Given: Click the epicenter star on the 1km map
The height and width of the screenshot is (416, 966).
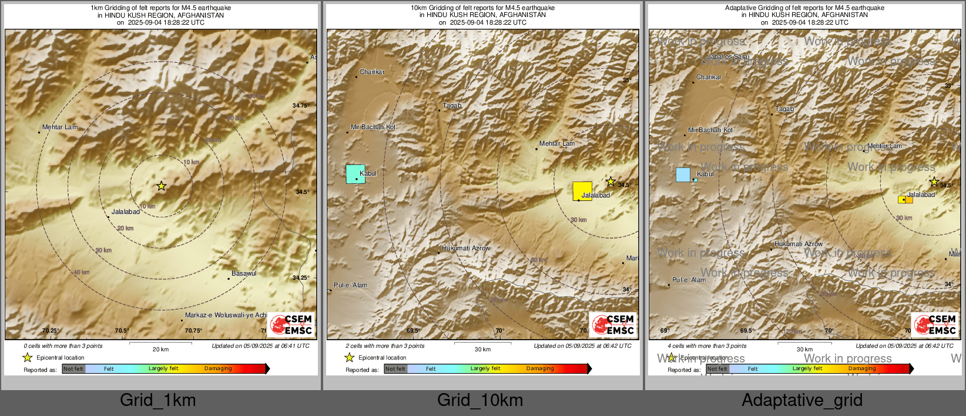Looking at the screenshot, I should pos(162,186).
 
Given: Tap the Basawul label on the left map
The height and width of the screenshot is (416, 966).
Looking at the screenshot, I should pos(244,273).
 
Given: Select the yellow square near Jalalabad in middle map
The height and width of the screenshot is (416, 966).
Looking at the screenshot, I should pos(582,191).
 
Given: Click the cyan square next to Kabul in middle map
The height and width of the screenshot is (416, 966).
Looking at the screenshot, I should pos(355,174).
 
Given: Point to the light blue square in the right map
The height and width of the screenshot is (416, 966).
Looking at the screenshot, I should pos(683,175).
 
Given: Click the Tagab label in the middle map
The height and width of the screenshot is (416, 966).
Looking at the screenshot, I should pos(452,106).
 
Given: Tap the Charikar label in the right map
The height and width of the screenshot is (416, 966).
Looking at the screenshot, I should pos(709,77).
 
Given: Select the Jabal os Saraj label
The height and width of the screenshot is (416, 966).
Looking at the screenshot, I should pos(729,57).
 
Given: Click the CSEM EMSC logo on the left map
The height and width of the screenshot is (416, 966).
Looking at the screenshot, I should pos(292,324).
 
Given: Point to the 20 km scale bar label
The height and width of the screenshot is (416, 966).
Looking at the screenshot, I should pos(160,350).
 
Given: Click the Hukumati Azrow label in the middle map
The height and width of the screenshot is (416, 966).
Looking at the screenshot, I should pos(466,248).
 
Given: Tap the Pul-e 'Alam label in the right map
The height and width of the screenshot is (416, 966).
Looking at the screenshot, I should pos(689,280).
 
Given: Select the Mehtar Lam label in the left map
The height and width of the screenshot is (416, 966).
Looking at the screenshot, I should pos(60,127).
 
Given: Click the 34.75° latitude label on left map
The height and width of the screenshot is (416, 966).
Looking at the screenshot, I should pos(300,106).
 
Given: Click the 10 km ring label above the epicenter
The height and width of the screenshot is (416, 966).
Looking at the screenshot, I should pos(191,162).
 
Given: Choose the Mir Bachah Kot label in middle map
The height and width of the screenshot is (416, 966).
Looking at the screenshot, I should pos(373,127).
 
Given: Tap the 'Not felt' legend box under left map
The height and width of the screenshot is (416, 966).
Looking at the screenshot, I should pos(73,369).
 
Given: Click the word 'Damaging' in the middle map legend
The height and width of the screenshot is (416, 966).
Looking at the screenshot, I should pos(540,369).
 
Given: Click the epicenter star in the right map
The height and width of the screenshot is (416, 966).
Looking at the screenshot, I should pos(934,182).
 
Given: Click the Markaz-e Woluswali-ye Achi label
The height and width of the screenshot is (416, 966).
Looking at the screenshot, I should pos(226,316).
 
